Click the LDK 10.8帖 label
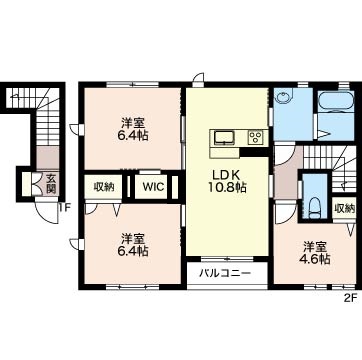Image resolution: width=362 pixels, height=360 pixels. click(x=227, y=182)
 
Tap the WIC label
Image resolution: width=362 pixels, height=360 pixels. click(x=154, y=187)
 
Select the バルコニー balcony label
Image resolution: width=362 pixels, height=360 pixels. click(x=225, y=274)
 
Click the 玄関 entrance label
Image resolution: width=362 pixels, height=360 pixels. click(x=51, y=184)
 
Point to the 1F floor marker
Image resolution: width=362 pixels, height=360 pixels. click(x=65, y=209)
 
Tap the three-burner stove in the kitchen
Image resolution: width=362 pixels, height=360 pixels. click(x=256, y=137)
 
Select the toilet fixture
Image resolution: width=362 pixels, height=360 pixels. click(x=314, y=208)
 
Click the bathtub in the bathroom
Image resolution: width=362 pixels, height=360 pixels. click(x=336, y=101)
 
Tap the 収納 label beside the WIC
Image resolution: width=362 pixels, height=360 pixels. click(x=104, y=187)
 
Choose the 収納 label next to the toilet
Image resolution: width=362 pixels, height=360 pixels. click(x=344, y=209)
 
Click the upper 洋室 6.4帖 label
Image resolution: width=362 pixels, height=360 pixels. click(x=133, y=129)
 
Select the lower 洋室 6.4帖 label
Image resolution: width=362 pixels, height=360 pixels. click(x=133, y=244)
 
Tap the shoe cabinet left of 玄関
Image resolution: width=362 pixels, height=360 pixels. click(x=28, y=184)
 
